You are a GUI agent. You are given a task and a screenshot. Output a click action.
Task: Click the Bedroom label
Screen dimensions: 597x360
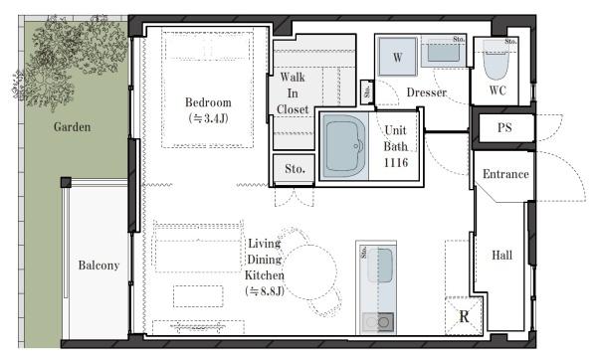pos(208,102)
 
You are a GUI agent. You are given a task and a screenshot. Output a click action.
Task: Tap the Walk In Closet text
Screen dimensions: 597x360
pos(293,93)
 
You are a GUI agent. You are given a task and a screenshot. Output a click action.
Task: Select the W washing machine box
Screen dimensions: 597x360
pos(397,57)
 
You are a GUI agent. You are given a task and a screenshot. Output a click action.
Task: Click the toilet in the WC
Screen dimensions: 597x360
pos(497,61)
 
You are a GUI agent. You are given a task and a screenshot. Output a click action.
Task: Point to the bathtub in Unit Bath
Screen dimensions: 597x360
pos(344,146)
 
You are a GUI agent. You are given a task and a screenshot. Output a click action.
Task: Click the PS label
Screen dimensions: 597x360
pos(504,127)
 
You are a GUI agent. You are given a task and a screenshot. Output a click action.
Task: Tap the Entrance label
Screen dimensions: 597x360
pos(505,174)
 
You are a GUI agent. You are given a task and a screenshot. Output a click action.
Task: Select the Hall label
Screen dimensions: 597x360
pos(501,255)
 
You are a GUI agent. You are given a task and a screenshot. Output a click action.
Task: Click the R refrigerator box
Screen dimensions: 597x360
pos(464,316)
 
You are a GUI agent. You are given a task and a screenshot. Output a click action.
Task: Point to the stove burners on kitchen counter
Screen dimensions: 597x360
pos(377,322)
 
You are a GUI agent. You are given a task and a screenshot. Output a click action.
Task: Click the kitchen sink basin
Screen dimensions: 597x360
pos(380,266)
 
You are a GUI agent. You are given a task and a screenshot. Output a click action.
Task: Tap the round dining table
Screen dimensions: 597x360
pos(309,271)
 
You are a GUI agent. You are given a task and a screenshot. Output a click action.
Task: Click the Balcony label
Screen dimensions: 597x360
pos(99,265)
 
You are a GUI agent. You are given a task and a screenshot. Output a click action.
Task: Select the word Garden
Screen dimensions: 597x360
pos(72,126)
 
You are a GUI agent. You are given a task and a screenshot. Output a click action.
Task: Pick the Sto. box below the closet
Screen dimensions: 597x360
pos(295,169)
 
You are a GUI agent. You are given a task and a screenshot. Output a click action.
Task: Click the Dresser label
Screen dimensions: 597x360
pos(427,92)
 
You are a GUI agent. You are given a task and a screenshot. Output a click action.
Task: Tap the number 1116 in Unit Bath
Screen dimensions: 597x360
pos(396,162)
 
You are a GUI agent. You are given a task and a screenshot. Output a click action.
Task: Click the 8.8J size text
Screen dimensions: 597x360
pos(265,291)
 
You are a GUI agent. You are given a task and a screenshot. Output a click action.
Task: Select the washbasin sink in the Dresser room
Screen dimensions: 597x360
pos(443,52)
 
